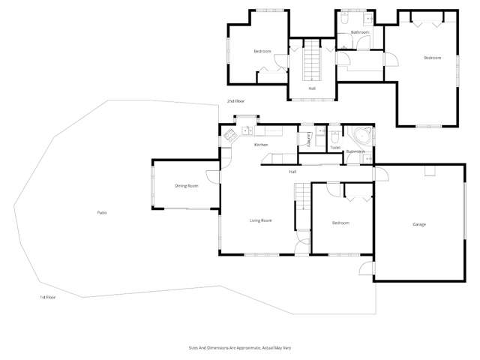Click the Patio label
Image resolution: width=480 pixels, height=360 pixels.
[x=101, y=213]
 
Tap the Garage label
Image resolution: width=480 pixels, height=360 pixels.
[x=419, y=225]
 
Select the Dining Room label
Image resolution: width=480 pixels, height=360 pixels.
[x=187, y=185]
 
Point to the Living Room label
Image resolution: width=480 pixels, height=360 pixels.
[x=260, y=220]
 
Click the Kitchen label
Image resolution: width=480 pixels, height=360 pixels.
[x=261, y=144]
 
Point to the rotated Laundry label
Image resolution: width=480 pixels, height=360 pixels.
[x=310, y=139]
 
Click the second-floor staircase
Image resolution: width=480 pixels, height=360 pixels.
[x=311, y=61]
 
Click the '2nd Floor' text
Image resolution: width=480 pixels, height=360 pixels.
[x=236, y=100]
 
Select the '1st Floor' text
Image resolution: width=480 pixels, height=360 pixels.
[x=48, y=297]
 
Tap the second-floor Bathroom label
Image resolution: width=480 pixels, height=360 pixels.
[x=360, y=33]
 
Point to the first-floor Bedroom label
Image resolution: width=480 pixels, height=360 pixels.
[x=340, y=223]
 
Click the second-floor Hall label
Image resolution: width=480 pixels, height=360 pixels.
[x=311, y=88]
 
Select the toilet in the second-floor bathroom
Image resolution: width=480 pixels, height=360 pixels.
[x=344, y=16]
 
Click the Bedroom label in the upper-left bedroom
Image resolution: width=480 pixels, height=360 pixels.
[x=262, y=51]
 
